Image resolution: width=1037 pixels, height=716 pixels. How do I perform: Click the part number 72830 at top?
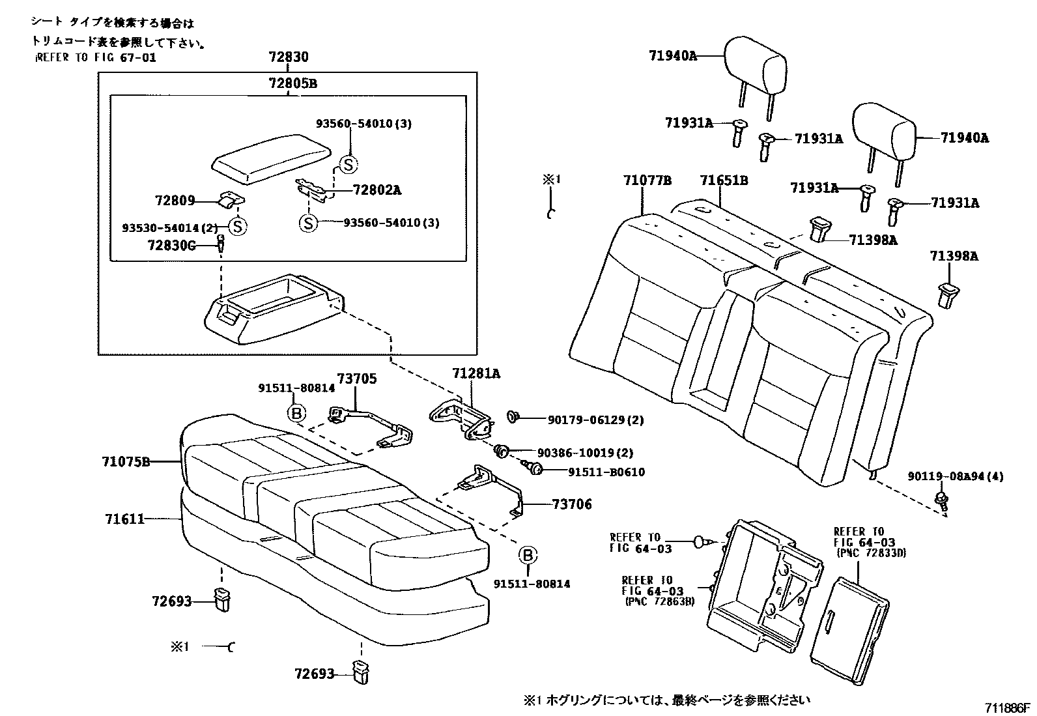pos(288,57)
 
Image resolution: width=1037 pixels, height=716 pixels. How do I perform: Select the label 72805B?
pos(293,83)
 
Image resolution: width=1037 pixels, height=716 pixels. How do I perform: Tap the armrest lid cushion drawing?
pos(268,158)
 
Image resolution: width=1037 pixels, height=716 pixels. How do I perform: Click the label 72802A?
pos(376,190)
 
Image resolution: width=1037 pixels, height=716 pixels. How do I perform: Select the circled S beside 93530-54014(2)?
pos(238,227)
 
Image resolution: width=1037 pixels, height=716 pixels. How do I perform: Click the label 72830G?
pos(171,245)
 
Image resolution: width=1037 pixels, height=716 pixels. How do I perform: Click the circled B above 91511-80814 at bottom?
pos(528,555)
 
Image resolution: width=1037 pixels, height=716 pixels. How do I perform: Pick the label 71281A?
pos(476,373)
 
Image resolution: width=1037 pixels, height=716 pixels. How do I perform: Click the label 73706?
pos(572,504)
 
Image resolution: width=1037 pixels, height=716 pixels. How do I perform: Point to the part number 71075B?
pos(126,462)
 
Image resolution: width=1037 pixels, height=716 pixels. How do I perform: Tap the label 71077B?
pos(646,180)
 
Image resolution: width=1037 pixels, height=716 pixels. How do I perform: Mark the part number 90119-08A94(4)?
pos(955,477)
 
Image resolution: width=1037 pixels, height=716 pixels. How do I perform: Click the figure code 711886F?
pos(1008,708)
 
